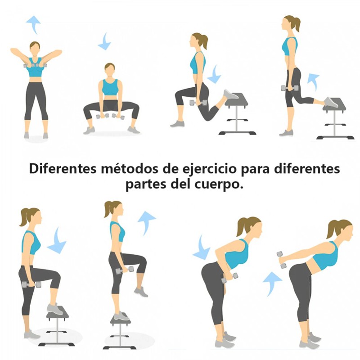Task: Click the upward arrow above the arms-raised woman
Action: point(34,24)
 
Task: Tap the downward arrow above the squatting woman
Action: point(105,42)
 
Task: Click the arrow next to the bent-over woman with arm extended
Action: point(272,284)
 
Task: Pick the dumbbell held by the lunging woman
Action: point(198,103)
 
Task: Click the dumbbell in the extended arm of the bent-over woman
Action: point(282,260)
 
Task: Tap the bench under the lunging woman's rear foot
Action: point(237,114)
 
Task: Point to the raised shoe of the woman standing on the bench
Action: point(141,292)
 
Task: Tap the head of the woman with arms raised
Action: point(35,49)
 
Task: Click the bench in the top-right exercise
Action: point(335,118)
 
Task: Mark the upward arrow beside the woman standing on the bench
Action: point(145,222)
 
